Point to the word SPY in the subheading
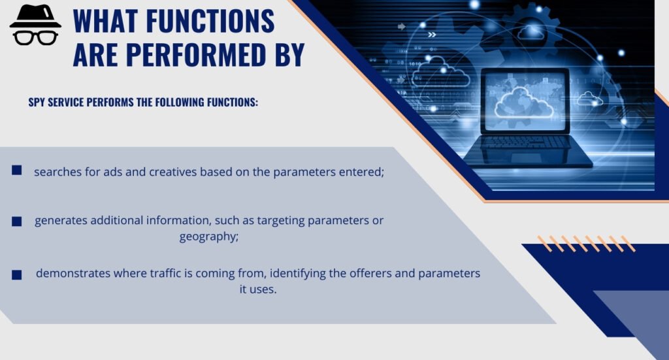coord(38,103)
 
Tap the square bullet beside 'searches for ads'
coord(17,171)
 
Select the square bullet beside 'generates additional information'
coord(17,221)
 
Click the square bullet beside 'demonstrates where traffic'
coord(17,274)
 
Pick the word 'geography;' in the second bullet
coord(209,237)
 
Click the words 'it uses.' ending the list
coord(258,289)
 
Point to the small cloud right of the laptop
coord(589,99)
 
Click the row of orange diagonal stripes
coord(585,244)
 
